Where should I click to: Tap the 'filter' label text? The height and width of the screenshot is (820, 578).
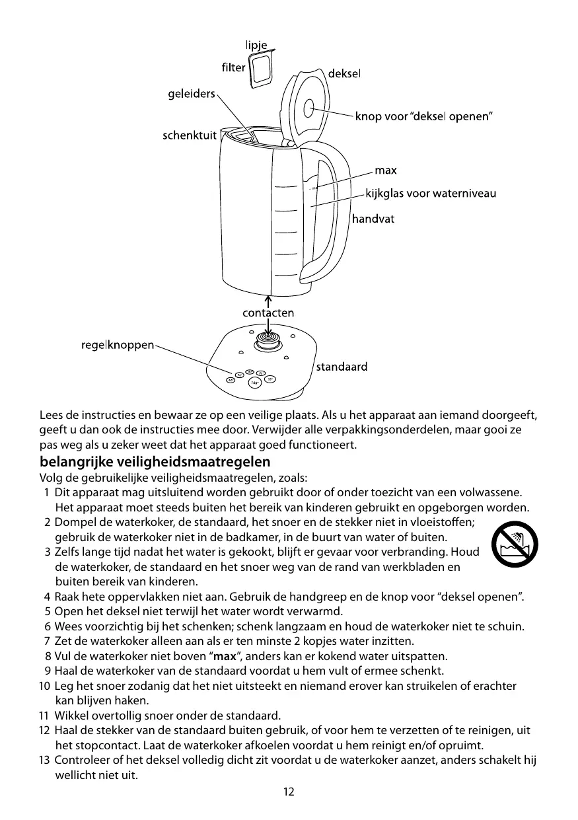[x=233, y=67]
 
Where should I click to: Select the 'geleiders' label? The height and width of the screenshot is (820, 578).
[x=190, y=94]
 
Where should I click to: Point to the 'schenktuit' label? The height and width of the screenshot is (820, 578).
[x=190, y=136]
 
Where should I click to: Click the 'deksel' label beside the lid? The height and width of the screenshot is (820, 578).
[x=345, y=73]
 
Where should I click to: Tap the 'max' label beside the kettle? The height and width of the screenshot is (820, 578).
[x=386, y=170]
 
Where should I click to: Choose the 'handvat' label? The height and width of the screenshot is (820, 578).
[x=373, y=218]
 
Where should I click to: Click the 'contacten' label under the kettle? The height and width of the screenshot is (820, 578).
[x=268, y=313]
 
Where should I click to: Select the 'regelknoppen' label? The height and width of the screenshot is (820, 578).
[x=118, y=344]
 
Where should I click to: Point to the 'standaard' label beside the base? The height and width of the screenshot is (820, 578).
[x=342, y=366]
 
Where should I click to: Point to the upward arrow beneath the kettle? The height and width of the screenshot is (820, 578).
[x=268, y=301]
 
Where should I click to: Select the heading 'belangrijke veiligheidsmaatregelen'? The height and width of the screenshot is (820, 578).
[x=155, y=461]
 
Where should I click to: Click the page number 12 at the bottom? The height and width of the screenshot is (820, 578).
[x=289, y=792]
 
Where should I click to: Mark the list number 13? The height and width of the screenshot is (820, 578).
[x=44, y=760]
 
